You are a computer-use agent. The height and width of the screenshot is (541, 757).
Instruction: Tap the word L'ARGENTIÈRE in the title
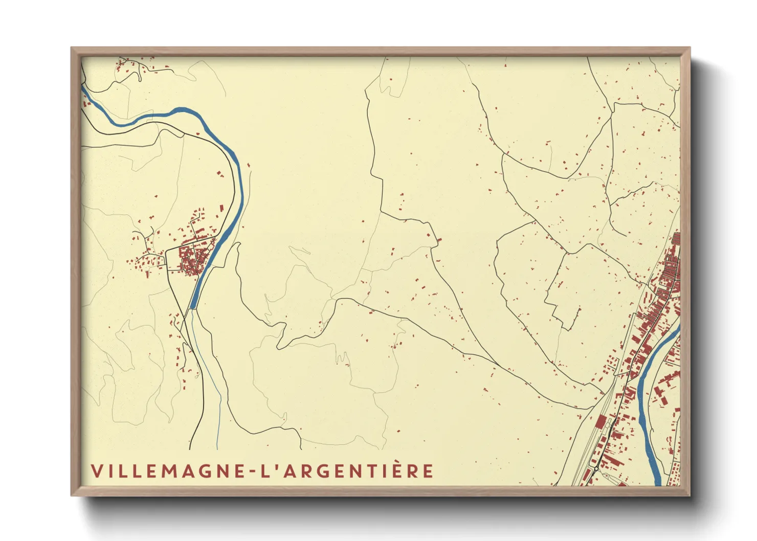coord(347,471)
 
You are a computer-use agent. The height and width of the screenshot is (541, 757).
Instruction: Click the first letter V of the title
coord(97,471)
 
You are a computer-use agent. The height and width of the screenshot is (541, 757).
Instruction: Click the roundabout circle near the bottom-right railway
coord(596,468)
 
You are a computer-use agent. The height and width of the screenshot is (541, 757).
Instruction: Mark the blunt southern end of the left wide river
coord(193,307)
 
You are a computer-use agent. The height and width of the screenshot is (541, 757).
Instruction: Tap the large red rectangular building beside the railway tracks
coord(601,422)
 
